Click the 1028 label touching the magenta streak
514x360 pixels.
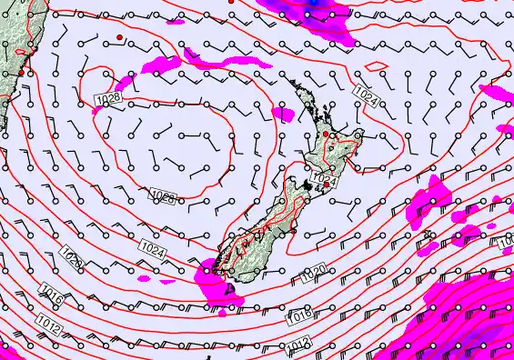pyautogui.click(x=106, y=96)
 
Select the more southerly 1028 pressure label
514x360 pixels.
pyautogui.click(x=164, y=196)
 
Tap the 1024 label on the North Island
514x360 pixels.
pyautogui.click(x=324, y=177)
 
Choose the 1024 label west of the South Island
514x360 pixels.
pyautogui.click(x=154, y=246)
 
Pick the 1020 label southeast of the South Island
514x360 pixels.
pyautogui.click(x=313, y=270)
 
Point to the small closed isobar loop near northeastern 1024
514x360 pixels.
pyautogui.click(x=376, y=65)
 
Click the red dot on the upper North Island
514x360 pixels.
pyautogui.click(x=326, y=135)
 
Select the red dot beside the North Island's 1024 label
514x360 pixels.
pyautogui.click(x=327, y=185)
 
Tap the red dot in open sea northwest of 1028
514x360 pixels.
pyautogui.click(x=119, y=36)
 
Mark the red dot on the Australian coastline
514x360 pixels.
pyautogui.click(x=20, y=72)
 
